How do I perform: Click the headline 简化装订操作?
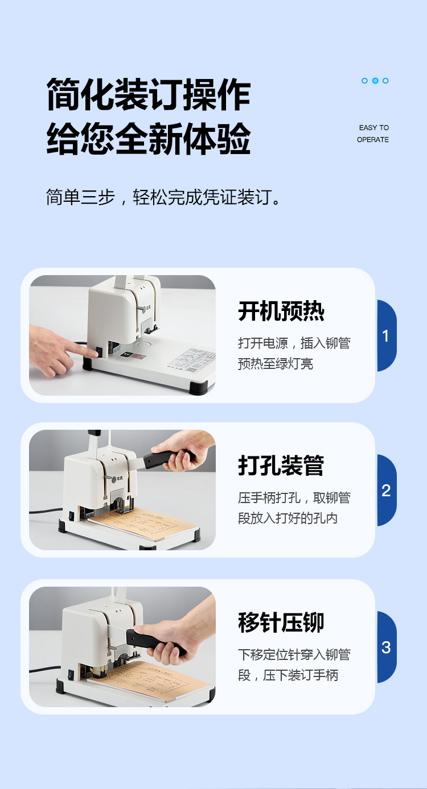148,94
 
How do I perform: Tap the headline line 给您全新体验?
148,139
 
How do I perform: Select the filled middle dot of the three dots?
375,81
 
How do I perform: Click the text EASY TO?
373,127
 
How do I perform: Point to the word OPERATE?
373,139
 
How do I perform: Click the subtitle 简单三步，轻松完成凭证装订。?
163,197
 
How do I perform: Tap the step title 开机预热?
281,311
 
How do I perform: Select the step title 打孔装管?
281,466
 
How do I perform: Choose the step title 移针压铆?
281,622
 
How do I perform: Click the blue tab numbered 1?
386,336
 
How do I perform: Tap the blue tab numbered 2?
386,491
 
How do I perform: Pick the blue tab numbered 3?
386,647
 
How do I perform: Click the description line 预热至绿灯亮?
275,364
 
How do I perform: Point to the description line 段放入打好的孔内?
288,518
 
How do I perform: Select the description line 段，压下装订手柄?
288,675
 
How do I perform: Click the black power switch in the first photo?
99,352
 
